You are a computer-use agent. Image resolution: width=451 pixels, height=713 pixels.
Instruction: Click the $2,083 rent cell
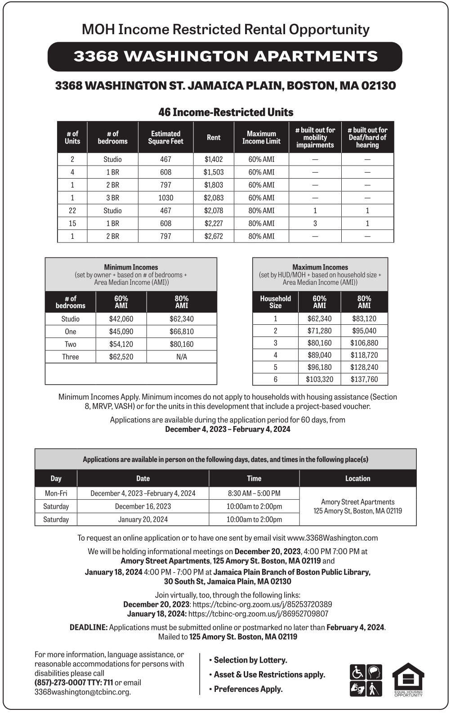pos(214,197)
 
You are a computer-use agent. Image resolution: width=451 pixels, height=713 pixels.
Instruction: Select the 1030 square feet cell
pos(165,197)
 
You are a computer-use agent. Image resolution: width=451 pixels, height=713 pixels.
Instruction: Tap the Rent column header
pos(214,137)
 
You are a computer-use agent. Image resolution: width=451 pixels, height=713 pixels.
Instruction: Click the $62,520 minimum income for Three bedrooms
pos(121,357)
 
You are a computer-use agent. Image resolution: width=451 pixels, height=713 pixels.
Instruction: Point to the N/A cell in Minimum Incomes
pos(182,357)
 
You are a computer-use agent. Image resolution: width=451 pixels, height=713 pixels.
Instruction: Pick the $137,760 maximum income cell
pos(364,379)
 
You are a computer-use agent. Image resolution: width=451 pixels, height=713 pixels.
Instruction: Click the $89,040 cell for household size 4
pos(319,355)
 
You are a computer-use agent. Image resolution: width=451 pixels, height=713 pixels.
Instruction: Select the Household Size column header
pos(275,302)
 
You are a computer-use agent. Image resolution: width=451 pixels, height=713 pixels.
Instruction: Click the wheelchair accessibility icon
pos(357,672)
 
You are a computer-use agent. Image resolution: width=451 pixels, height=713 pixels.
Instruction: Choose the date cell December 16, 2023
pos(143,506)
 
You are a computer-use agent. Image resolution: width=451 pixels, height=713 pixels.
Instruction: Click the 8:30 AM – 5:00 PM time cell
pos(254,493)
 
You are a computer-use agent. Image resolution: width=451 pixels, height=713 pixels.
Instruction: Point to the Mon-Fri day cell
pos(56,493)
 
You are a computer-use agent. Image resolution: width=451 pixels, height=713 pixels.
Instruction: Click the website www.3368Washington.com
pos(332,538)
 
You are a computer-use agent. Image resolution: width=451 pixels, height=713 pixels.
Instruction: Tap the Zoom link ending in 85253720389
pos(262,604)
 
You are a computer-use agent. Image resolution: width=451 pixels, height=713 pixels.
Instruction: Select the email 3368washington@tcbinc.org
pos(82,692)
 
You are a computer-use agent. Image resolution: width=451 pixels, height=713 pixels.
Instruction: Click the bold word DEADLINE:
pos(89,627)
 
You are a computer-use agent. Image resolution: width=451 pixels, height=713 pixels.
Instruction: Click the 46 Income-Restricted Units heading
pos(226,112)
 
